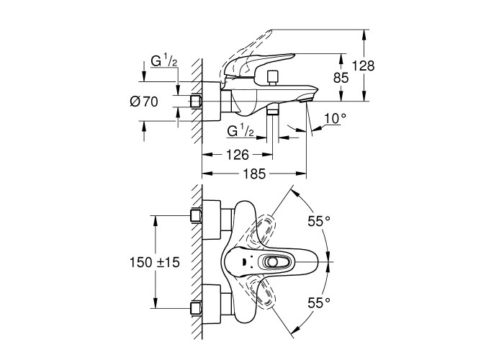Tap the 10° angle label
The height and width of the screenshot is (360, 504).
pyautogui.click(x=335, y=118)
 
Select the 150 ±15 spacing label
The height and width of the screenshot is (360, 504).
pyautogui.click(x=154, y=263)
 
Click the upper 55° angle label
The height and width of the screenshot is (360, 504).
pyautogui.click(x=318, y=222)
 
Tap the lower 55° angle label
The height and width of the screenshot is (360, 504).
pyautogui.click(x=318, y=302)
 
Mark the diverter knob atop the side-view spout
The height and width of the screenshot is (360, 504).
pyautogui.click(x=272, y=76)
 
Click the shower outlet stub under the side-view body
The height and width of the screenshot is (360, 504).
pyautogui.click(x=272, y=111)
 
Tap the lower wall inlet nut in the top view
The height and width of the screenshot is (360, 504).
pyautogui.click(x=194, y=310)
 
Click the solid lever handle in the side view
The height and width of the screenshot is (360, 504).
pyautogui.click(x=259, y=62)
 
